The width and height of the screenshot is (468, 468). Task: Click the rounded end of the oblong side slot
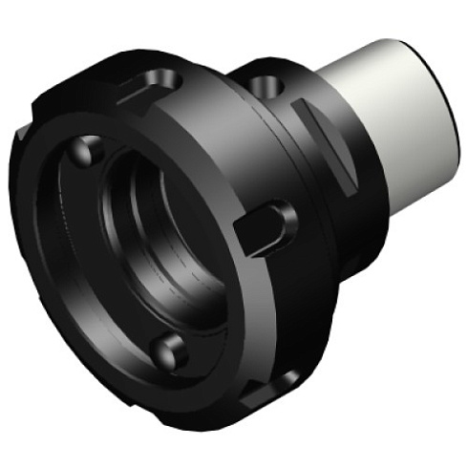point(283,215)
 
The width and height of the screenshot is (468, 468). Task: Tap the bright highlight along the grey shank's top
point(382,53)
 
